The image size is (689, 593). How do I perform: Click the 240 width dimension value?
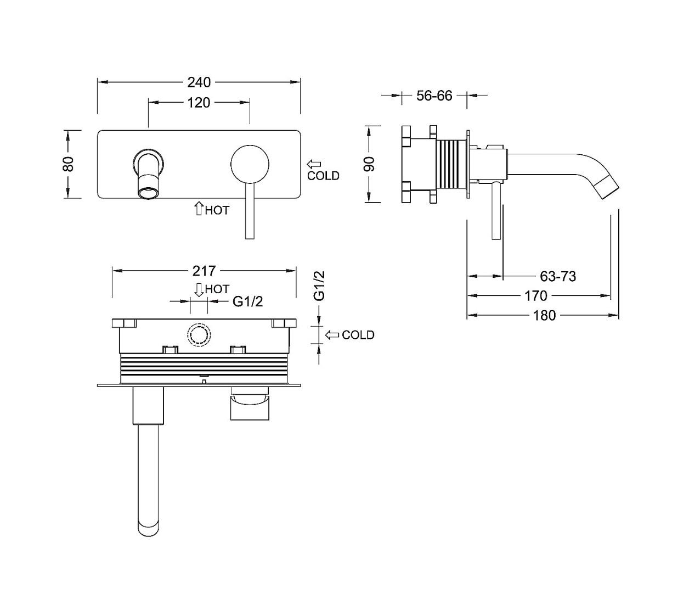coord(199,82)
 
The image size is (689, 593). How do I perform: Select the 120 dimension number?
coord(199,103)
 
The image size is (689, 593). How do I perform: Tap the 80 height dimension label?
coord(69,164)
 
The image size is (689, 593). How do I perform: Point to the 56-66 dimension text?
coord(434,96)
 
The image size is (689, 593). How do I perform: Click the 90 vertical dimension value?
coord(369,164)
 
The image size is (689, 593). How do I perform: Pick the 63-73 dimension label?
coord(558,276)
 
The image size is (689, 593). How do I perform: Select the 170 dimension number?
coord(536,295)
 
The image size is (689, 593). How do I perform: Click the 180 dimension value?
coord(545,315)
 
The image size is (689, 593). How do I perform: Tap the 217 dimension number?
coord(204,271)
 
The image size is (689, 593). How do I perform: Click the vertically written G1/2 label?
coord(319,286)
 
